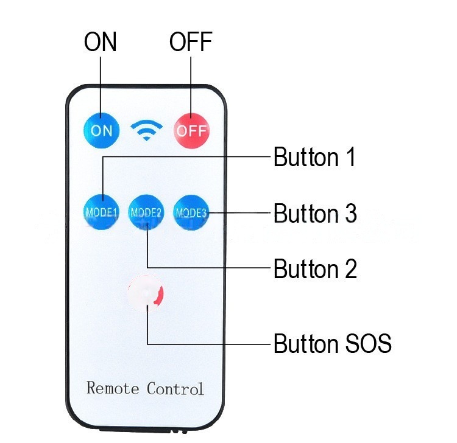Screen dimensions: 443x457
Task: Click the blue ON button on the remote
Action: pos(101,130)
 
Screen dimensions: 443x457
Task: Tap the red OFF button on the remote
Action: pos(192,130)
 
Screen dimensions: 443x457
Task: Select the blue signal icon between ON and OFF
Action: pos(147,130)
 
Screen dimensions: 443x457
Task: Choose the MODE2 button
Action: pos(146,212)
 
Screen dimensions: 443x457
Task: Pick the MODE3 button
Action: pos(191,212)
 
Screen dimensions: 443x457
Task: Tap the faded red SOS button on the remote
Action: pos(147,293)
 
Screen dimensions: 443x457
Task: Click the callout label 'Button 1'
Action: pos(314,158)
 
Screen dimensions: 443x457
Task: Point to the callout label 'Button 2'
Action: pos(315,268)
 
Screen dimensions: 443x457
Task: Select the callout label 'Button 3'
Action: pos(315,214)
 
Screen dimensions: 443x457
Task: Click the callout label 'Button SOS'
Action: pos(332,344)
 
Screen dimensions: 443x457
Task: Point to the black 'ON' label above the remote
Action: pos(101,43)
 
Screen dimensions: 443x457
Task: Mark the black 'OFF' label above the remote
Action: pos(191,43)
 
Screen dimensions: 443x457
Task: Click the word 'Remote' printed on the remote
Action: pos(113,388)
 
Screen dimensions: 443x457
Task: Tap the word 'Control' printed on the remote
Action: pos(175,388)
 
